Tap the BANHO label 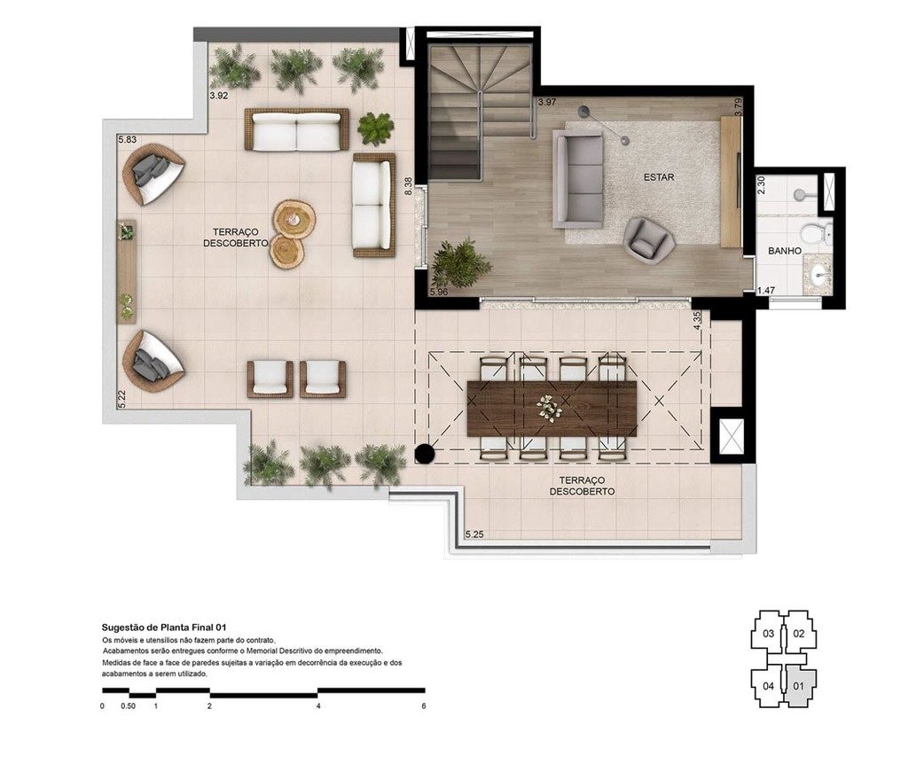tap(785, 251)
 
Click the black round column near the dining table tap(425, 456)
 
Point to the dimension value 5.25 tap(477, 534)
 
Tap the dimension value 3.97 tap(547, 103)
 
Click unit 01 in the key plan tap(797, 685)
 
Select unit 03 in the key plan tap(768, 634)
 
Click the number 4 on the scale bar tap(317, 706)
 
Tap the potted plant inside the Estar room tap(460, 261)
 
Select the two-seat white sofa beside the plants tap(297, 131)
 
